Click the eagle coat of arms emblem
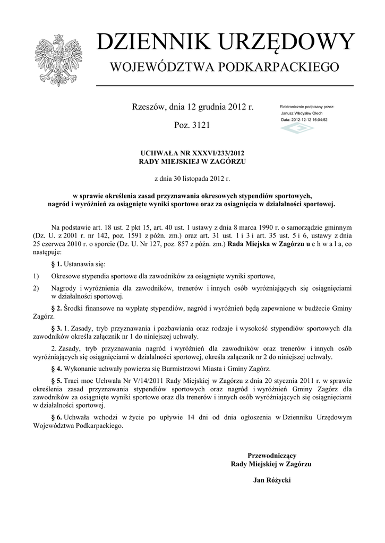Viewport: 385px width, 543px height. click(57, 60)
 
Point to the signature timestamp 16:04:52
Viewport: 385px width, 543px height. click(317, 120)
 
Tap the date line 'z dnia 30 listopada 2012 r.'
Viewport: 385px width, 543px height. click(192, 179)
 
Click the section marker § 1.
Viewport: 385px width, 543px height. click(56, 264)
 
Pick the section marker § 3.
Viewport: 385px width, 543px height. click(56, 328)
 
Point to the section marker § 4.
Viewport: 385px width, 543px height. click(56, 369)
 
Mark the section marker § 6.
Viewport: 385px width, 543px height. click(56, 417)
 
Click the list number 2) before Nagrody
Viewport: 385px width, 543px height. click(36, 288)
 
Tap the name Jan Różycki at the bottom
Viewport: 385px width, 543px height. click(273, 480)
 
